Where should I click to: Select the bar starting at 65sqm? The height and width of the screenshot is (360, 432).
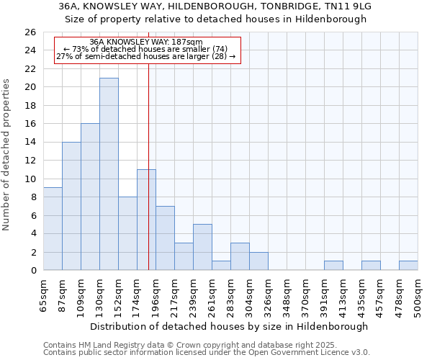pyautogui.click(x=53, y=229)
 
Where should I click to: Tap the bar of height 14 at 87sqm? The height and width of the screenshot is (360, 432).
pyautogui.click(x=71, y=206)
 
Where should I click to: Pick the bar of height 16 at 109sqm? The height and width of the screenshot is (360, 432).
pyautogui.click(x=90, y=197)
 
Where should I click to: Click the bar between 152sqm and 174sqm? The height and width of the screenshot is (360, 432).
pyautogui.click(x=127, y=233)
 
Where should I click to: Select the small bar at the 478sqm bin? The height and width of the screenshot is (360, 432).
pyautogui.click(x=408, y=266)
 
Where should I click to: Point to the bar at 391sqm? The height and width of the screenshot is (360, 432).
pyautogui.click(x=333, y=266)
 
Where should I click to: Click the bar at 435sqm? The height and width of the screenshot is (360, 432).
pyautogui.click(x=371, y=266)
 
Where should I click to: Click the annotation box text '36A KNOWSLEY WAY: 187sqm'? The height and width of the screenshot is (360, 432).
pyautogui.click(x=146, y=42)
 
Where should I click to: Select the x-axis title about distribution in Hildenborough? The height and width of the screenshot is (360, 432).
pyautogui.click(x=230, y=326)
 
